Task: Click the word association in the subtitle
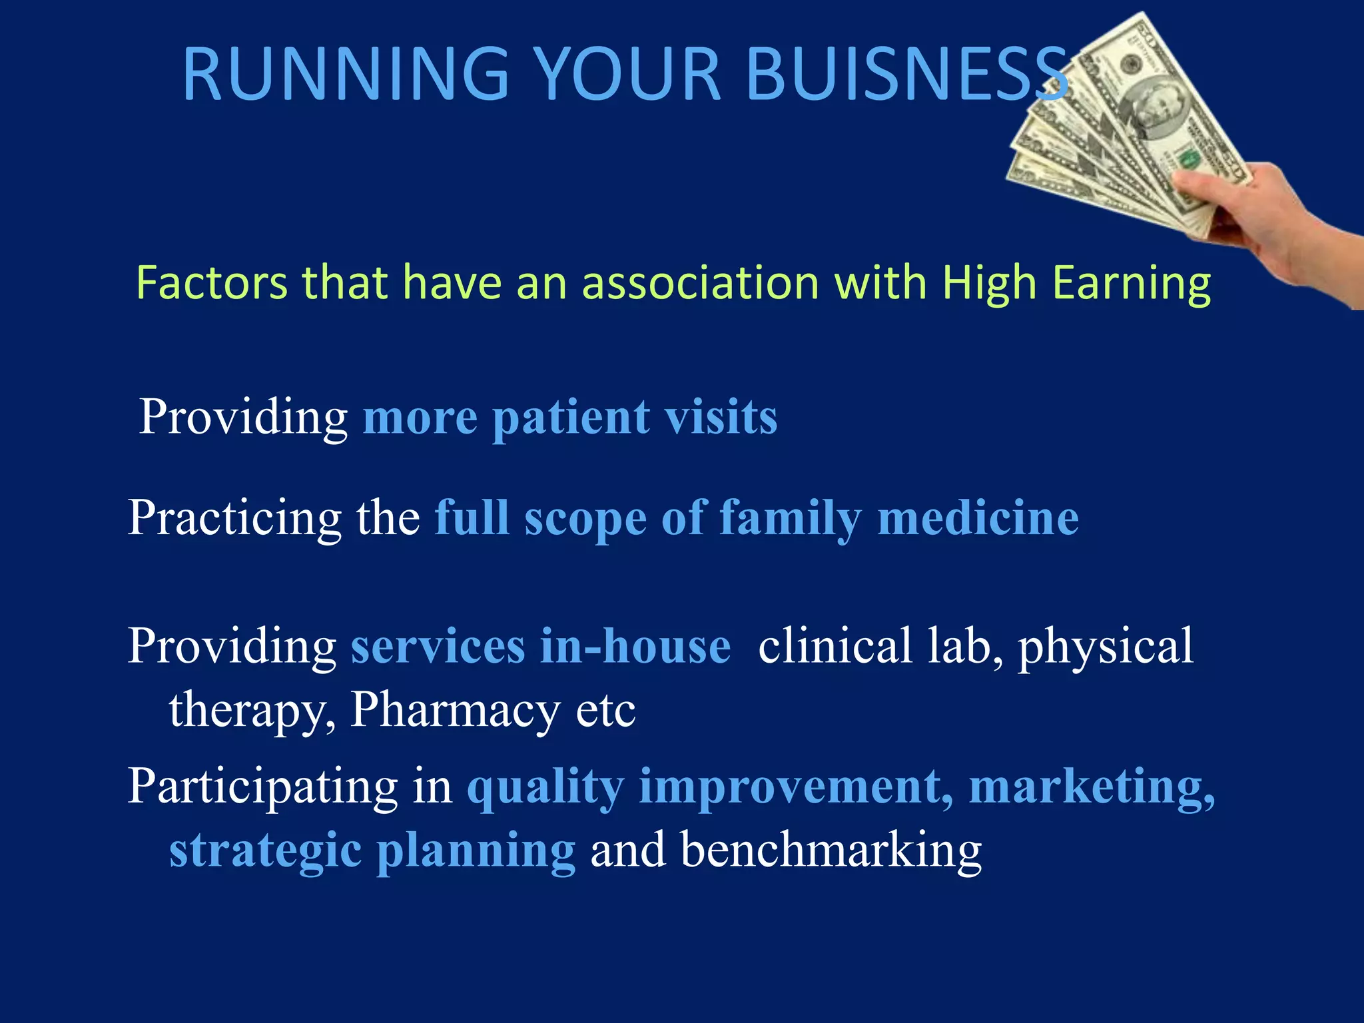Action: [699, 283]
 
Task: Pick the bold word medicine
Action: [978, 518]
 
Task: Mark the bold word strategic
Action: [265, 851]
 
